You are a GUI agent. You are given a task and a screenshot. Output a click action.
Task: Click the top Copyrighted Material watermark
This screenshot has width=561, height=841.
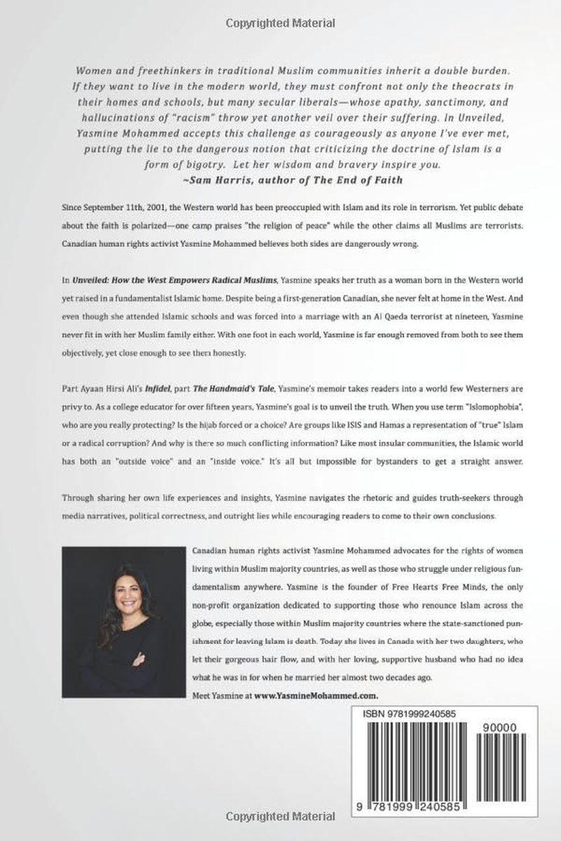280,23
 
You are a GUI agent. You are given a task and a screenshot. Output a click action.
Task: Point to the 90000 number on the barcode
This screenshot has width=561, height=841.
499,727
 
